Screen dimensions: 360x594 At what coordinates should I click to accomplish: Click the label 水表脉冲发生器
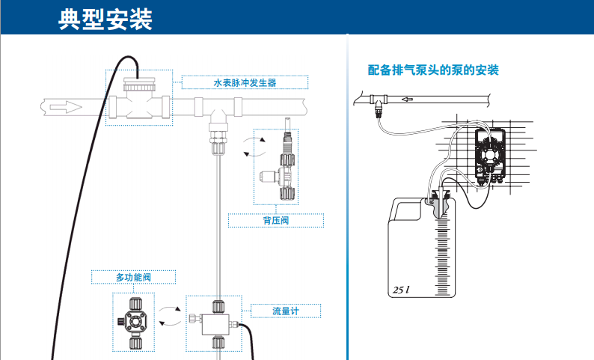tap(245, 82)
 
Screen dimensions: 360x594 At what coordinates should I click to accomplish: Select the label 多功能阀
tap(134, 277)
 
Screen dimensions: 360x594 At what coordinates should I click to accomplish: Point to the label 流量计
tap(285, 311)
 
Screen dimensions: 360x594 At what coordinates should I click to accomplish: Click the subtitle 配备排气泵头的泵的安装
tap(433, 70)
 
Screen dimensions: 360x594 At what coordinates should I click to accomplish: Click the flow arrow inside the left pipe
tap(64, 107)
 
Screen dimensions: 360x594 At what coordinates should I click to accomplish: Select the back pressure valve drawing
tap(284, 168)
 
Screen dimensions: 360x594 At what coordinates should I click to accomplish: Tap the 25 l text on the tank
tap(401, 290)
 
